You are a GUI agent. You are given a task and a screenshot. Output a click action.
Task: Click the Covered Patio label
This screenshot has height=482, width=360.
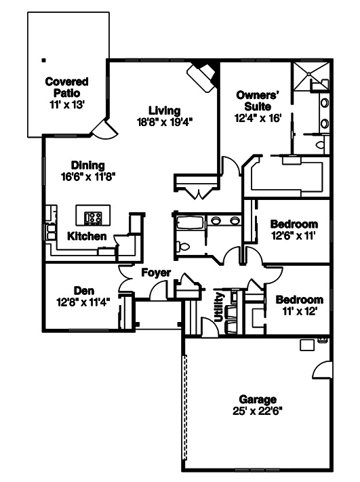(66, 87)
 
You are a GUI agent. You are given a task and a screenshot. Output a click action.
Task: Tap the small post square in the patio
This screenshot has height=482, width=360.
(44, 60)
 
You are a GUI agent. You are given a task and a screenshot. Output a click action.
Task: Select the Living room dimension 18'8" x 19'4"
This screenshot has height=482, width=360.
(165, 122)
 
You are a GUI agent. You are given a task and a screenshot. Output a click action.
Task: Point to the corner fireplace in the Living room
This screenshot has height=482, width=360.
(202, 75)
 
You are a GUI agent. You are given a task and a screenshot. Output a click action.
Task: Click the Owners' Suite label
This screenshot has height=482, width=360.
(258, 101)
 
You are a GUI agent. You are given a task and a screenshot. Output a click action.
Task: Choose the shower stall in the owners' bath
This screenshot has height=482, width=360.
(311, 76)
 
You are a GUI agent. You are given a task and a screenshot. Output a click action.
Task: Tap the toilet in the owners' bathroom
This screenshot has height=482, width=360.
(321, 144)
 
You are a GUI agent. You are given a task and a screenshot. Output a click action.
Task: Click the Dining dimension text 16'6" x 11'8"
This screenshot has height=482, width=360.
(88, 177)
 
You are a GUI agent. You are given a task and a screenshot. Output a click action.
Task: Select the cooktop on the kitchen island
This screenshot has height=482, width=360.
(93, 218)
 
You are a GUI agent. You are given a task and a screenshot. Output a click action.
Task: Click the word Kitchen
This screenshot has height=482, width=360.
(87, 236)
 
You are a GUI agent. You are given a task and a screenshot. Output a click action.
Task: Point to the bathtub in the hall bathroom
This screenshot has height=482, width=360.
(190, 222)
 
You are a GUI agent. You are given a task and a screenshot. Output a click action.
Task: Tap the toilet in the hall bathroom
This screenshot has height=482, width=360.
(183, 246)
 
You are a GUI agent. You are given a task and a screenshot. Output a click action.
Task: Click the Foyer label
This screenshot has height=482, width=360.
(156, 273)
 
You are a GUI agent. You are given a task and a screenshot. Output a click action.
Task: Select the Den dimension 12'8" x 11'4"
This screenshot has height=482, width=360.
(83, 302)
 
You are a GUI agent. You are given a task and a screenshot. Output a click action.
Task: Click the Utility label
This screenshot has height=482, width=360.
(218, 307)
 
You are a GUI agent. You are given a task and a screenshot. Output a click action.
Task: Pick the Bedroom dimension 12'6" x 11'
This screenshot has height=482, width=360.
(294, 236)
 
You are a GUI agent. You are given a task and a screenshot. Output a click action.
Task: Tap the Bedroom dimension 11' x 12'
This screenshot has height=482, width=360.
(300, 311)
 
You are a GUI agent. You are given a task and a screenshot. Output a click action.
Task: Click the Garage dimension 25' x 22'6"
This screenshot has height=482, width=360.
(258, 411)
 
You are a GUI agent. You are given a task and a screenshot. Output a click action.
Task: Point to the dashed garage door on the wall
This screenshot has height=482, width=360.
(185, 407)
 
